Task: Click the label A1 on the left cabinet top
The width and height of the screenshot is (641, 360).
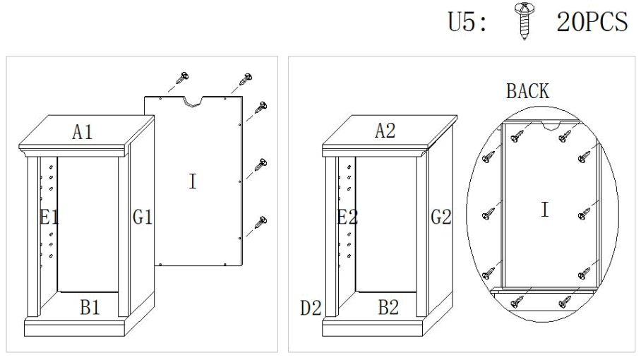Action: coord(83,131)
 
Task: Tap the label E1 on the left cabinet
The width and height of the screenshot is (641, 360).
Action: coord(49,217)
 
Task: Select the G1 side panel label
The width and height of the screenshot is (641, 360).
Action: coord(143,217)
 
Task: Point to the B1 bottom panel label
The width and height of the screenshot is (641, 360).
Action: coord(90,307)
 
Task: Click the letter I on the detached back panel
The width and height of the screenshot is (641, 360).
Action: coord(192,181)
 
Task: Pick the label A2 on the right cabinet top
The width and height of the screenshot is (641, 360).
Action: coord(385,131)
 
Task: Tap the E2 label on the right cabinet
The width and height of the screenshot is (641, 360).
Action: coord(347,217)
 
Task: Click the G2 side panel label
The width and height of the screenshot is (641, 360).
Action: coord(441,217)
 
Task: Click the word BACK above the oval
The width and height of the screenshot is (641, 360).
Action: coord(527,91)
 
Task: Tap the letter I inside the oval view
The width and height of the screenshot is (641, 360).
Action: coord(544,210)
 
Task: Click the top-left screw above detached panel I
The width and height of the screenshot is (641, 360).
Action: coord(184,78)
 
